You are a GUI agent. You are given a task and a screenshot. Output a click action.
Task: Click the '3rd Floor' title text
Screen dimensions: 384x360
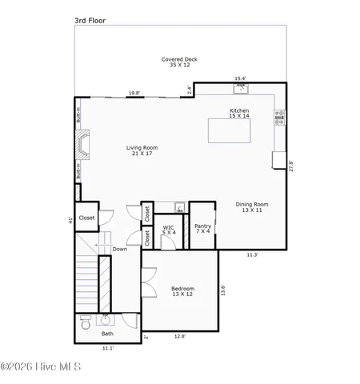pos(90,16)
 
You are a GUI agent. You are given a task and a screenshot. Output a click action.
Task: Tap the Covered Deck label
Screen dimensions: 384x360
pos(179,62)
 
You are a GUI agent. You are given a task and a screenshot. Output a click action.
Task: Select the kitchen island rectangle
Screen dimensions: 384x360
pos(238,130)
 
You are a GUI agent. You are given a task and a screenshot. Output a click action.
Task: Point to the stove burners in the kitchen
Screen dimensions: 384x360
pos(278,118)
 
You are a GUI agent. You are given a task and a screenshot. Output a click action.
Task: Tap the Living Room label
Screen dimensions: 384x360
pos(142,150)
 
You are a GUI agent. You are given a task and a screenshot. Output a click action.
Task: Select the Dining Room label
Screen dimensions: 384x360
pos(252,207)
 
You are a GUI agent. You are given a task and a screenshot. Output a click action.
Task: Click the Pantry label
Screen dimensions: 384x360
pos(202,229)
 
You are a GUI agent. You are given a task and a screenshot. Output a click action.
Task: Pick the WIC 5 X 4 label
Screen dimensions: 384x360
pos(170,230)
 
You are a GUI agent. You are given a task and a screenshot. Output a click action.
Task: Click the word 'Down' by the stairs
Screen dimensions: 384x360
pos(119,249)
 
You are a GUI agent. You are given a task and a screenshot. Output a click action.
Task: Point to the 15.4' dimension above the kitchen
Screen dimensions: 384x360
pos(240,78)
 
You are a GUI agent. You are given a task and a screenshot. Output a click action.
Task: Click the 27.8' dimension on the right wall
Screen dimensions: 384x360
pos(290,166)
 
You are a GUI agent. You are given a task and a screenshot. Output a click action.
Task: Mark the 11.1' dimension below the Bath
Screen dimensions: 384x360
pos(107,349)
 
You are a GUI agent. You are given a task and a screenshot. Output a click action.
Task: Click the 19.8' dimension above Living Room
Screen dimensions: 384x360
pos(134,93)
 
